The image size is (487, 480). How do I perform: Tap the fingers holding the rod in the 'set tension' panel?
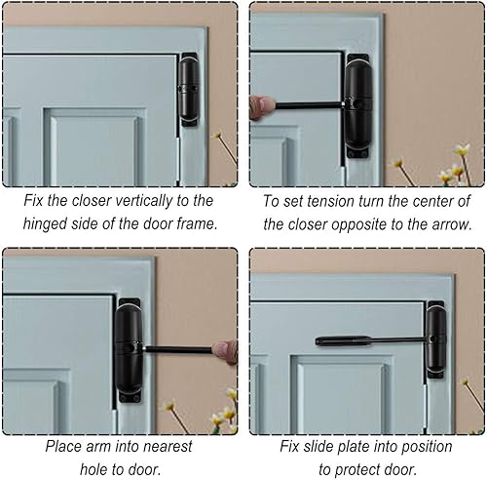pos(262,105)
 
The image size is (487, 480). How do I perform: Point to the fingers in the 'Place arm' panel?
pos(226,351)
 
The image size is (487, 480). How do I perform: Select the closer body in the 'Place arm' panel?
pos(129,346)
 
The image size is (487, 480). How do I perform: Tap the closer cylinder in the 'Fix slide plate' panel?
pos(434,340)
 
